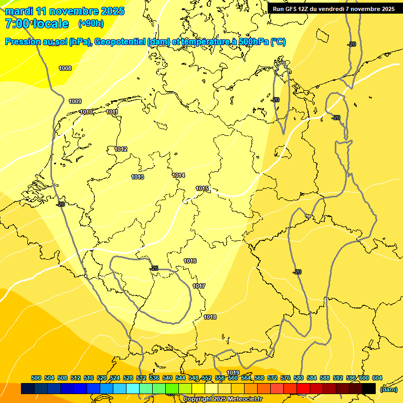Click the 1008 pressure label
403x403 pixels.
65,68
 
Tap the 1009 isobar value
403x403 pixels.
75,101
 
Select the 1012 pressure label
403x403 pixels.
121,149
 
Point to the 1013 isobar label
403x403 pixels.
137,177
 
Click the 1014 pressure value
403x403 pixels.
178,175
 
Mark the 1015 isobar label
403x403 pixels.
203,188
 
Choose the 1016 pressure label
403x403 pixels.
190,261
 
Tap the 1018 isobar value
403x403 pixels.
210,317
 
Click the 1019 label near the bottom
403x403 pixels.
233,373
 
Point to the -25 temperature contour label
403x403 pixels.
154,268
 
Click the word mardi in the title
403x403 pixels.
19,11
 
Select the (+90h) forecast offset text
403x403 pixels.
91,24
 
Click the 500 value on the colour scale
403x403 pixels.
36,378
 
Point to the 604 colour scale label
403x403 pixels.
377,378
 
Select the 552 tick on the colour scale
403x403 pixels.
207,378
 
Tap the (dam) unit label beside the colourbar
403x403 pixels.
388,389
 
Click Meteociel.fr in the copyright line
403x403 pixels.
242,399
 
